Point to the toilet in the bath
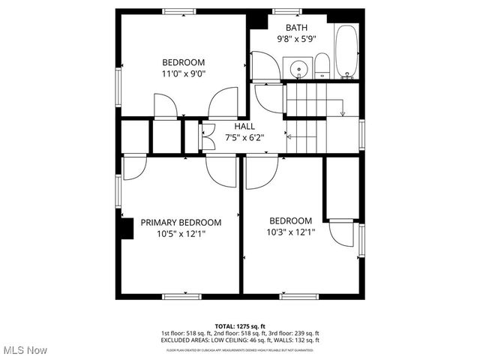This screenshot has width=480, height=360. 322,65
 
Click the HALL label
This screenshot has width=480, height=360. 244,127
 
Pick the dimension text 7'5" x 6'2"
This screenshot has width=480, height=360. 244,138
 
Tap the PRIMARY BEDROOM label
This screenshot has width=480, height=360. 181,222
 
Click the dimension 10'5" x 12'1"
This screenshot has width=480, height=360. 181,234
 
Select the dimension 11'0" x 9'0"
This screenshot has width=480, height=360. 184,73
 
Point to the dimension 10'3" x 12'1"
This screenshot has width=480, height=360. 292,232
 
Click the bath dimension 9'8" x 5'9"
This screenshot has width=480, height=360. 295,39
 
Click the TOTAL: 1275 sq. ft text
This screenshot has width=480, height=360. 240,326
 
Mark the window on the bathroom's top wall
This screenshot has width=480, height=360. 283,11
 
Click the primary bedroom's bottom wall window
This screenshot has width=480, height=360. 181,296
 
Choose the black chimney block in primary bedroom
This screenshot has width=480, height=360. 125,226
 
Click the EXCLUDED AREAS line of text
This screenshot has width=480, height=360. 240,340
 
